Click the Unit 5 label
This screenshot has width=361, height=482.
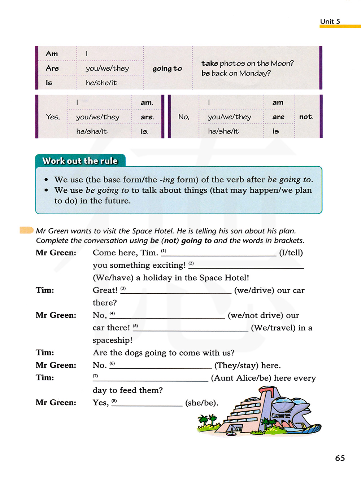(x=330, y=22)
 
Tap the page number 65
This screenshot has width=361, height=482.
(x=340, y=458)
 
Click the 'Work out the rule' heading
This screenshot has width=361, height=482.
(x=80, y=161)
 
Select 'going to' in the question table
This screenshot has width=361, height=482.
(x=167, y=69)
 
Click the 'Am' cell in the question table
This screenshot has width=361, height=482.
(x=52, y=54)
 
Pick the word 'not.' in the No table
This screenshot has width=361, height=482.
(x=306, y=117)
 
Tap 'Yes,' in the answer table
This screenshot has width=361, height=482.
(x=53, y=117)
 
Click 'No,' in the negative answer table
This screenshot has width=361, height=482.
(x=184, y=117)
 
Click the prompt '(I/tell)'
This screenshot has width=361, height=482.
(x=291, y=253)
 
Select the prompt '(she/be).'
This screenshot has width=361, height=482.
(x=202, y=403)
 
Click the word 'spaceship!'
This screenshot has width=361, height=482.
(x=113, y=340)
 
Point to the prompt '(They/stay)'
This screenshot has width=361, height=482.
(x=236, y=365)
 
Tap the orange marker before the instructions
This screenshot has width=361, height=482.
(x=27, y=230)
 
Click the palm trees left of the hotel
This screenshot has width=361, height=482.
(x=207, y=421)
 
